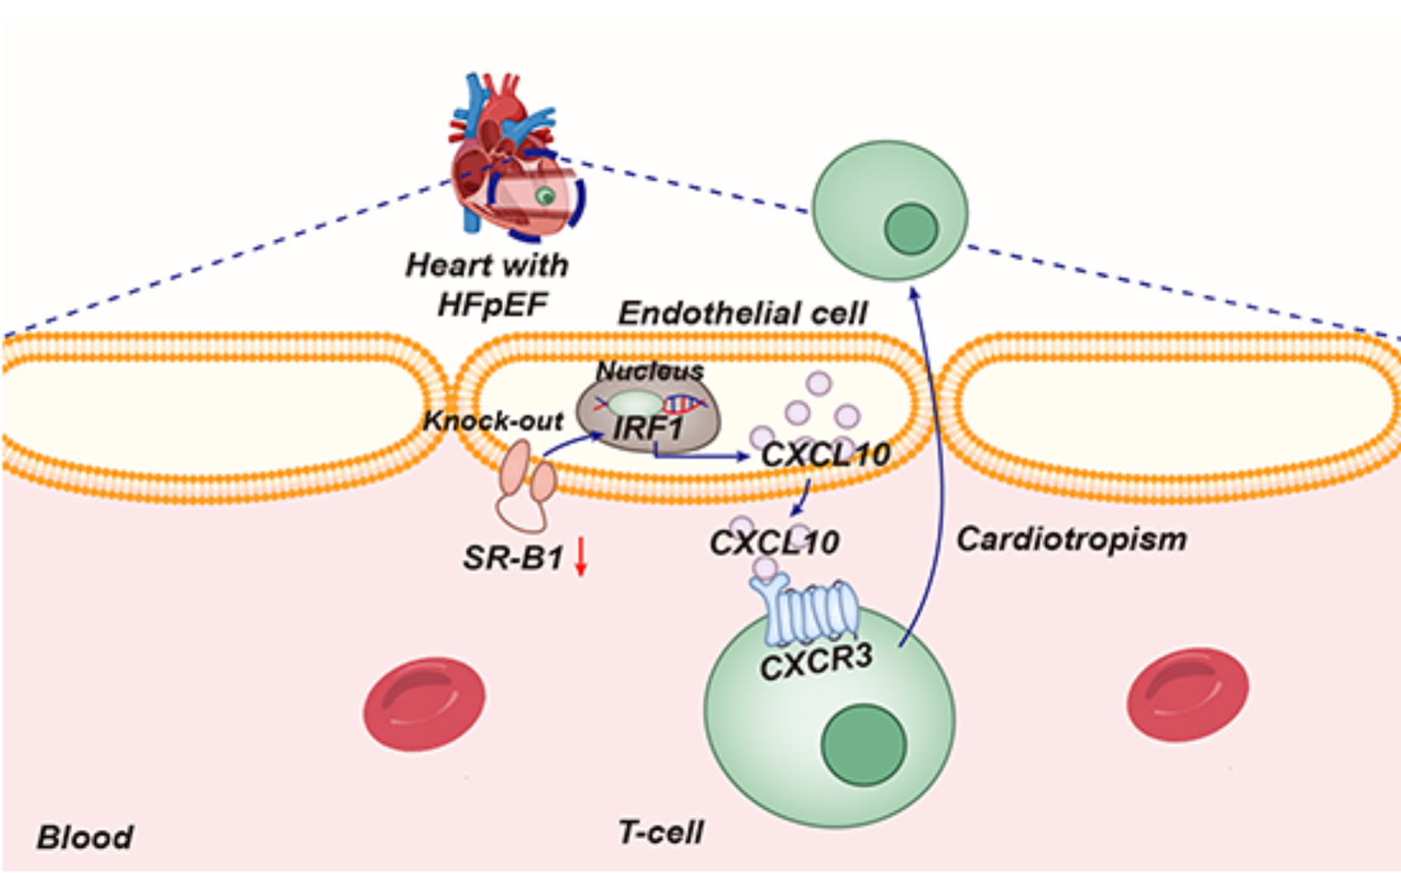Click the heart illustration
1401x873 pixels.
click(x=510, y=157)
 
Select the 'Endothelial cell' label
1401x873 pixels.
click(x=742, y=314)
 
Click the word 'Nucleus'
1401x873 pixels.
click(x=649, y=371)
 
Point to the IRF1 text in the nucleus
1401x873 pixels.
click(x=648, y=428)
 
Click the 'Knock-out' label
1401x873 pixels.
click(x=493, y=421)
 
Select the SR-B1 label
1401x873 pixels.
click(x=513, y=558)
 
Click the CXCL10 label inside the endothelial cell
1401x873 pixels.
click(x=825, y=455)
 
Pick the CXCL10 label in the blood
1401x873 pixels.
click(x=774, y=542)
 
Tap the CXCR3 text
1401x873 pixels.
click(x=816, y=662)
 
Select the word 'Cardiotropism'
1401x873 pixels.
click(x=1071, y=539)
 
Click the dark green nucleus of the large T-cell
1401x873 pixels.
click(x=863, y=745)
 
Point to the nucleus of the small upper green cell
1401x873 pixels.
click(x=910, y=229)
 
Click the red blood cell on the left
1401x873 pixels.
click(x=424, y=703)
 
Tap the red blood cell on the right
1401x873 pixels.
click(x=1188, y=694)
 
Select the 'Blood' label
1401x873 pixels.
click(x=85, y=837)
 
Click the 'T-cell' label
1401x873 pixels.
click(x=661, y=832)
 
